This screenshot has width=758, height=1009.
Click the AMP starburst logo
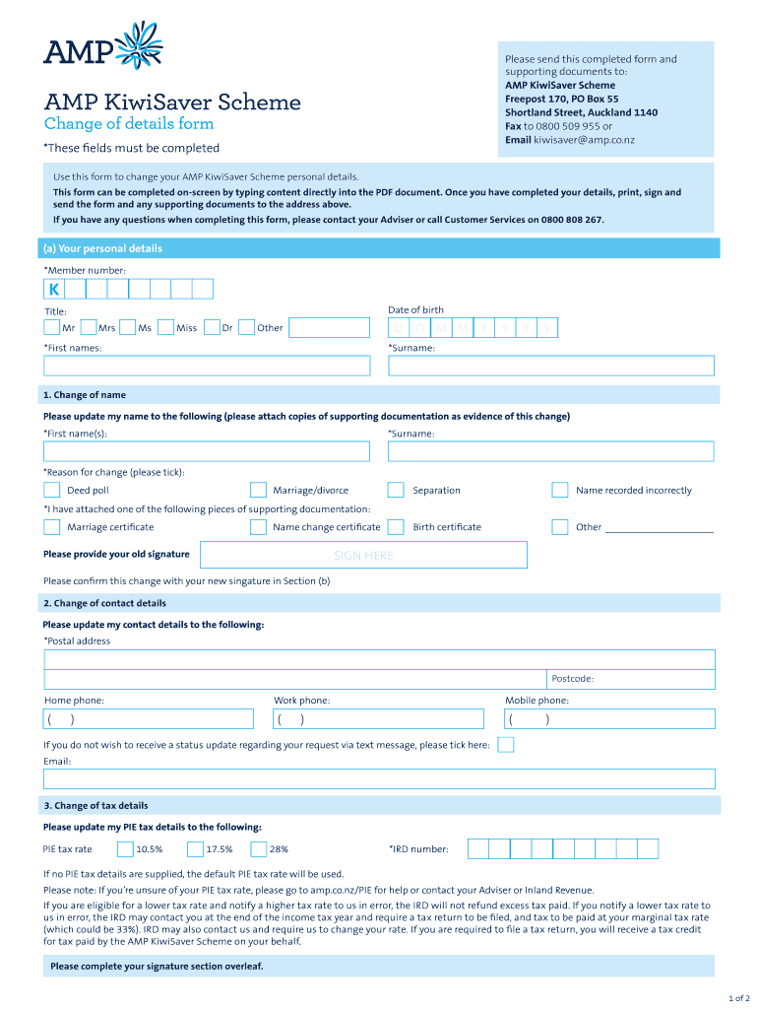pyautogui.click(x=140, y=45)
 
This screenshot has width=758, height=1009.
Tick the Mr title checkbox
pyautogui.click(x=51, y=328)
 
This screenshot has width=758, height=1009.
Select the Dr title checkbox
pyautogui.click(x=212, y=328)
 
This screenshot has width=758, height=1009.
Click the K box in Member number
pyautogui.click(x=53, y=289)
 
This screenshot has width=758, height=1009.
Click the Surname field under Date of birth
pyautogui.click(x=551, y=366)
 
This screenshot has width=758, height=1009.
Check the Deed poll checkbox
pyautogui.click(x=51, y=490)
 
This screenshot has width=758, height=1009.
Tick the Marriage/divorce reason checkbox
pyautogui.click(x=258, y=490)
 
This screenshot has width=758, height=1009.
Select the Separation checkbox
pyautogui.click(x=396, y=490)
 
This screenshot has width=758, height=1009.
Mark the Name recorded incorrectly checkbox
pyautogui.click(x=559, y=490)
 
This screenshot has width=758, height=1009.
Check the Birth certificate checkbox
pyautogui.click(x=396, y=527)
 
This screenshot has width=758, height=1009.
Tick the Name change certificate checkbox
pyautogui.click(x=258, y=527)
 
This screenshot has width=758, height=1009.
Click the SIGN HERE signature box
pyautogui.click(x=363, y=556)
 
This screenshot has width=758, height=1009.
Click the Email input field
pyautogui.click(x=379, y=779)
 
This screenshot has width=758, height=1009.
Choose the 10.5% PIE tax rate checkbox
pyautogui.click(x=125, y=848)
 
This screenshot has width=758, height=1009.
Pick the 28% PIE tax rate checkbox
pyautogui.click(x=259, y=848)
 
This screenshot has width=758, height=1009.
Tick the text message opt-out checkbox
pyautogui.click(x=505, y=745)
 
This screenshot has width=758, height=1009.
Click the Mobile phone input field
pyautogui.click(x=608, y=719)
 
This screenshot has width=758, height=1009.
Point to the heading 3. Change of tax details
pyautogui.click(x=95, y=806)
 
